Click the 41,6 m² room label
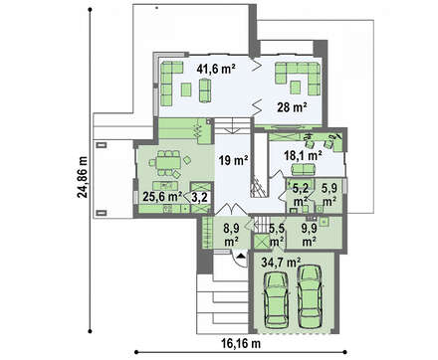click(216, 69)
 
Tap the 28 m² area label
click(292, 107)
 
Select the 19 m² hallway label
click(234, 161)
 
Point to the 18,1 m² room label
click(303, 155)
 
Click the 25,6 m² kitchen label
click(162, 197)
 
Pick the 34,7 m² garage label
click(281, 263)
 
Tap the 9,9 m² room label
click(309, 235)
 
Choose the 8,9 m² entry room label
click(231, 235)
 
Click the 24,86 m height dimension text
click(82, 177)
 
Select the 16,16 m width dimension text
click(241, 344)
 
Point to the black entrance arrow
click(242, 256)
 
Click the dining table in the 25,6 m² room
click(169, 162)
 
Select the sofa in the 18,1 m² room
click(303, 169)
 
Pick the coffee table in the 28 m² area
click(295, 88)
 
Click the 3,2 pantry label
click(200, 198)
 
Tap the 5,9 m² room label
click(329, 195)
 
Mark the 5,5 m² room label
click(277, 235)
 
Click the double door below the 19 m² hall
click(231, 209)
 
